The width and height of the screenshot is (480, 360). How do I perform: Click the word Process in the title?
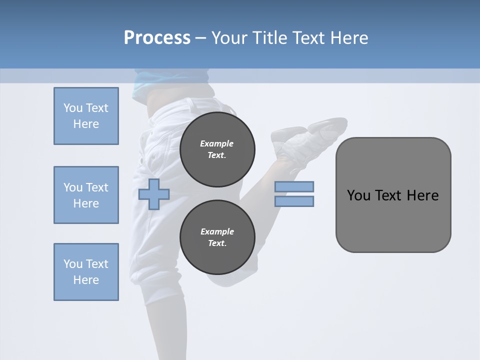tap(157, 38)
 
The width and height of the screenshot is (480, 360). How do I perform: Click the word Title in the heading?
tap(270, 38)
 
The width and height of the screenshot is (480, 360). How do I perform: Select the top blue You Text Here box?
tap(86, 116)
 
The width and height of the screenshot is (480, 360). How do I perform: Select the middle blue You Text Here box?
tap(86, 195)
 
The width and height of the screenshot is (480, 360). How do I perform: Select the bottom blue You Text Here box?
tap(86, 272)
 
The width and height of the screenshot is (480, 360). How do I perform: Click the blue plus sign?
tap(154, 194)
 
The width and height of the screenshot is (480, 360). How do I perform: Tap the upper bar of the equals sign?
tap(294, 186)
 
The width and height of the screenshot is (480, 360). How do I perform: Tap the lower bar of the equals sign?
tap(294, 201)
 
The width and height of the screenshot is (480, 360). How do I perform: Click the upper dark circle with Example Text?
tap(217, 149)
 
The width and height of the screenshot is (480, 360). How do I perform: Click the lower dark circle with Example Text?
tap(217, 237)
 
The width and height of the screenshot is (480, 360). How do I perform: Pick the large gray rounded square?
tap(393, 195)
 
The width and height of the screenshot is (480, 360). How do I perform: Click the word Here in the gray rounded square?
tap(422, 195)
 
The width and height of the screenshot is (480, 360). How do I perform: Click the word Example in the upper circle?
tap(217, 143)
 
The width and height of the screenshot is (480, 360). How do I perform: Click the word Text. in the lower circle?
tap(217, 243)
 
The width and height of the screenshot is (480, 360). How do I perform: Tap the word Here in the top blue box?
tap(86, 124)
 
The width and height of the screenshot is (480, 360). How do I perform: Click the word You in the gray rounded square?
tap(358, 195)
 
